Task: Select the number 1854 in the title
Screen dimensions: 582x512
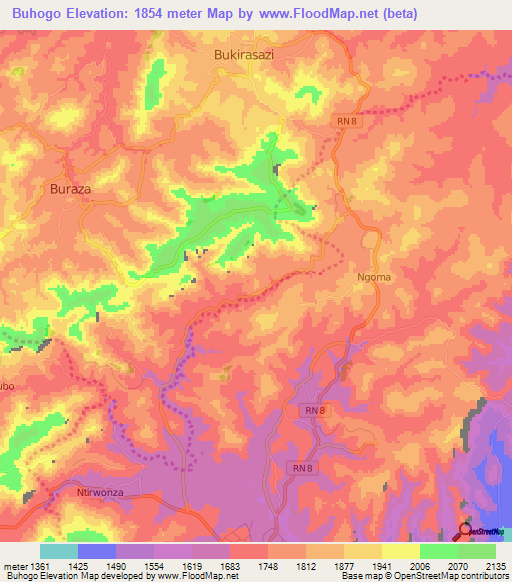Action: (x=164, y=13)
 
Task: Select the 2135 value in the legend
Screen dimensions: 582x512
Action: (x=495, y=566)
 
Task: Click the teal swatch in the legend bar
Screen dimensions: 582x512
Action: (x=59, y=551)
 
